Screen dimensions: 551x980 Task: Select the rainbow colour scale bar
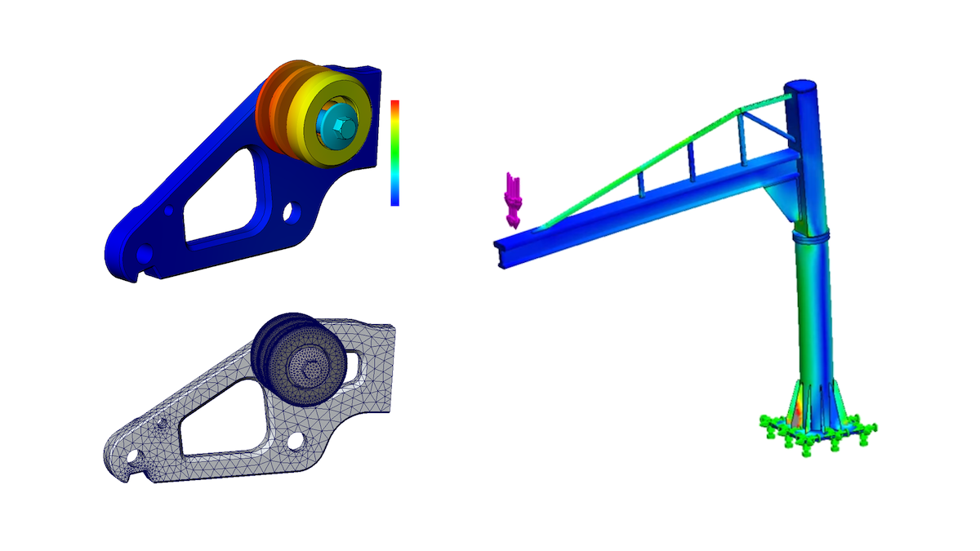coord(394,153)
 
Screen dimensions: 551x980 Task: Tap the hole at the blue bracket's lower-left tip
coord(143,256)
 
